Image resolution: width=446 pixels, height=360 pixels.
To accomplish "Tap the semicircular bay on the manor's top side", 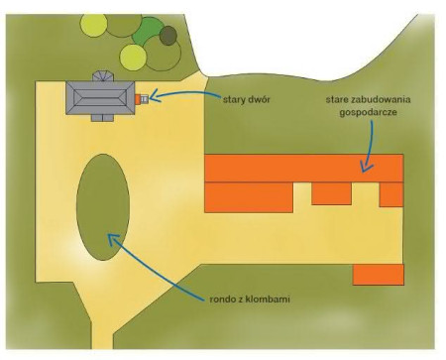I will pyautogui.click(x=101, y=76).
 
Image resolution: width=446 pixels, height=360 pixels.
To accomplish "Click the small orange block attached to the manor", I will pyautogui.click(x=140, y=98).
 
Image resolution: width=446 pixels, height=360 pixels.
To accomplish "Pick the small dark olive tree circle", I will pyautogui.click(x=167, y=37).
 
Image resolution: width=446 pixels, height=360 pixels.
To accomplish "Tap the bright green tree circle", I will pyautogui.click(x=148, y=33).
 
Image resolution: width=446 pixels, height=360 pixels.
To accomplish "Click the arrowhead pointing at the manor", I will pyautogui.click(x=152, y=97).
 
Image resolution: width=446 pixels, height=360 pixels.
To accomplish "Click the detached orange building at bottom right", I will pyautogui.click(x=378, y=274).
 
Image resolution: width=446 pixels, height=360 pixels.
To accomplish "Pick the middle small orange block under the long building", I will pyautogui.click(x=332, y=193).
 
